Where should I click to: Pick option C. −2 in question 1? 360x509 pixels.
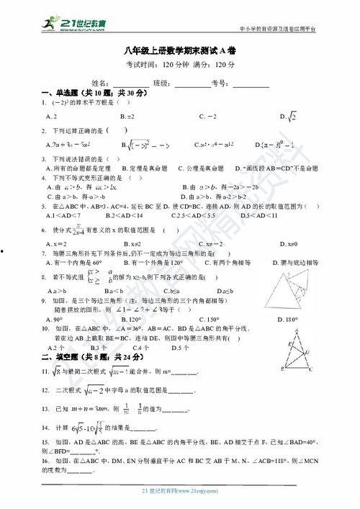(208, 116)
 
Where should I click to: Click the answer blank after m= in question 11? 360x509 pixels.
(186, 373)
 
